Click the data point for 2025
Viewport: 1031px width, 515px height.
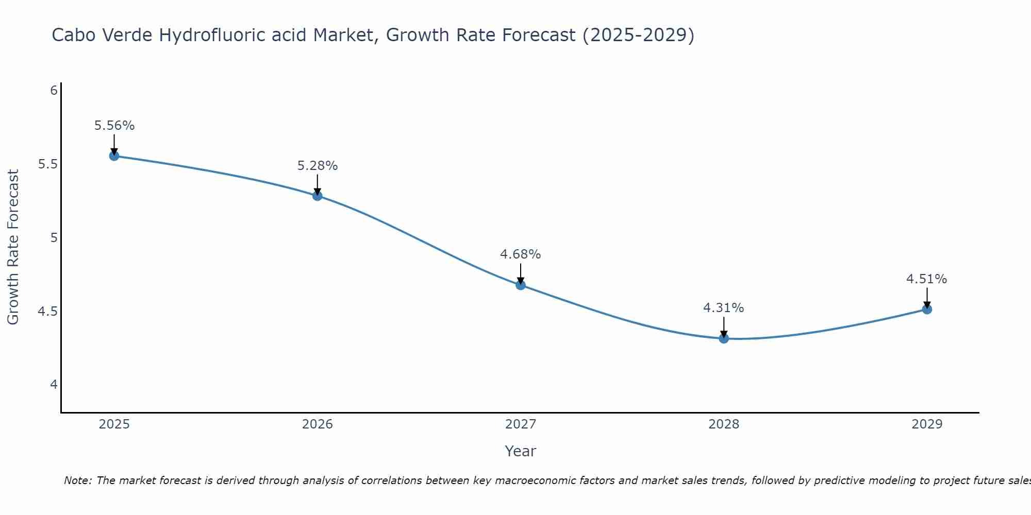[114, 156]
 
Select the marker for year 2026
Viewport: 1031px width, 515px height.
[317, 196]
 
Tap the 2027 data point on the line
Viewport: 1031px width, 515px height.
[521, 285]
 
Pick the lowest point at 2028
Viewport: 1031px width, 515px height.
[724, 338]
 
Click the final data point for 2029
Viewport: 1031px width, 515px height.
[927, 309]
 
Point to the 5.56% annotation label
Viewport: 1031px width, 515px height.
[114, 126]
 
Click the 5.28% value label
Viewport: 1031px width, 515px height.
[318, 166]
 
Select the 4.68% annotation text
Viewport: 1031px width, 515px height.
[521, 254]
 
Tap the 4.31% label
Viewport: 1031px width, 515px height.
[724, 308]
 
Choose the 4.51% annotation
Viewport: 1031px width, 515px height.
[927, 279]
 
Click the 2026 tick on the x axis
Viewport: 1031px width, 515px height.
[318, 424]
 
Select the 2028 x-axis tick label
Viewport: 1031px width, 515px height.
[724, 424]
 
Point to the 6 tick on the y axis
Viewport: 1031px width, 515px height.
[54, 91]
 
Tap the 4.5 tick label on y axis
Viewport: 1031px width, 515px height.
[47, 312]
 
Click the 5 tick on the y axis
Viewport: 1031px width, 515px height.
[54, 238]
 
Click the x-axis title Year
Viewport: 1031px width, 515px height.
[521, 451]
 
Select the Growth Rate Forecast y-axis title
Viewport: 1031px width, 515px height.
[13, 247]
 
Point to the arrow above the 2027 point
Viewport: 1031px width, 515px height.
[521, 273]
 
